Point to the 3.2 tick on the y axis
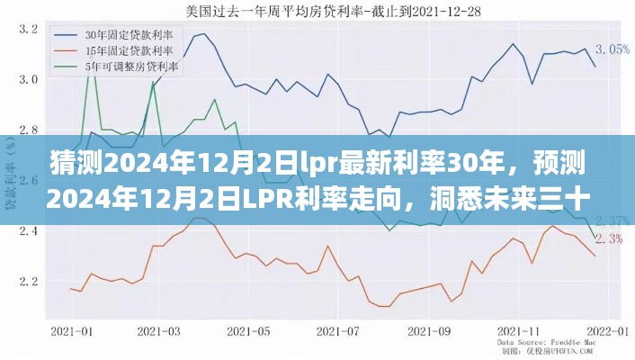[x=28, y=29]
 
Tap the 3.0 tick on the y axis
[x=28, y=79]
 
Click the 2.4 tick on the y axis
[x=28, y=231]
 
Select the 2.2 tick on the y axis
[x=28, y=282]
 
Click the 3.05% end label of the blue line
[x=613, y=49]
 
